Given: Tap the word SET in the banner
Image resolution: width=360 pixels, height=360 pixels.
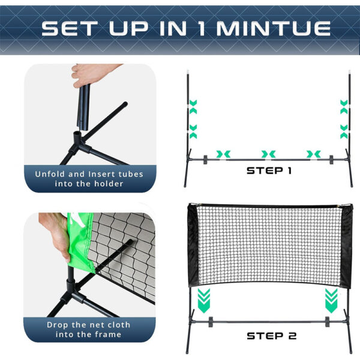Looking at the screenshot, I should [67, 28].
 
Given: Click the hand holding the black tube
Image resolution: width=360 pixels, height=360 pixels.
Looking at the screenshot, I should [90, 74].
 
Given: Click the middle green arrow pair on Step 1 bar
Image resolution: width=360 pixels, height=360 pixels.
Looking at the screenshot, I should [268, 154].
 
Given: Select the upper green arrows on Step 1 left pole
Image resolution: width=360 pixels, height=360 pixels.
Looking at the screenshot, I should [193, 107].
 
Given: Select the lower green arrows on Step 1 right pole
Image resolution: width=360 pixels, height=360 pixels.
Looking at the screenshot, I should [344, 131].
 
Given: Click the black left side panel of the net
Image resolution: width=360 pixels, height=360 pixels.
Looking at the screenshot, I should [193, 245].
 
